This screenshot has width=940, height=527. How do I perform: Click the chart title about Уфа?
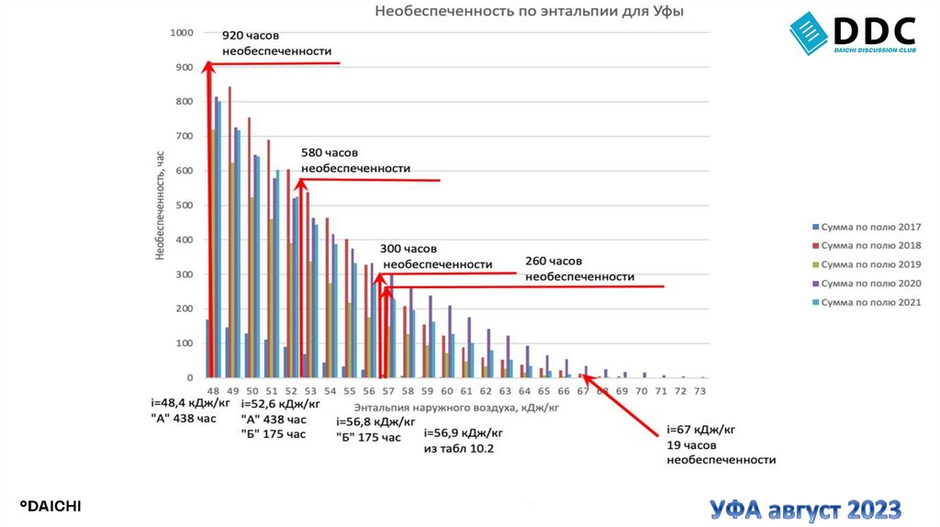(528, 13)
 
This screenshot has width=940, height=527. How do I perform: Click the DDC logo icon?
(808, 34)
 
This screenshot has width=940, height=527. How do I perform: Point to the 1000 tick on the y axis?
(182, 33)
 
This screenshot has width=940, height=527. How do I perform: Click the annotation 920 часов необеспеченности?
(276, 43)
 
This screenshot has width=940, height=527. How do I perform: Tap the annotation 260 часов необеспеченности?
(579, 268)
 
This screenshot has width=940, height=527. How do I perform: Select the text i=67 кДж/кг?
(701, 429)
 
